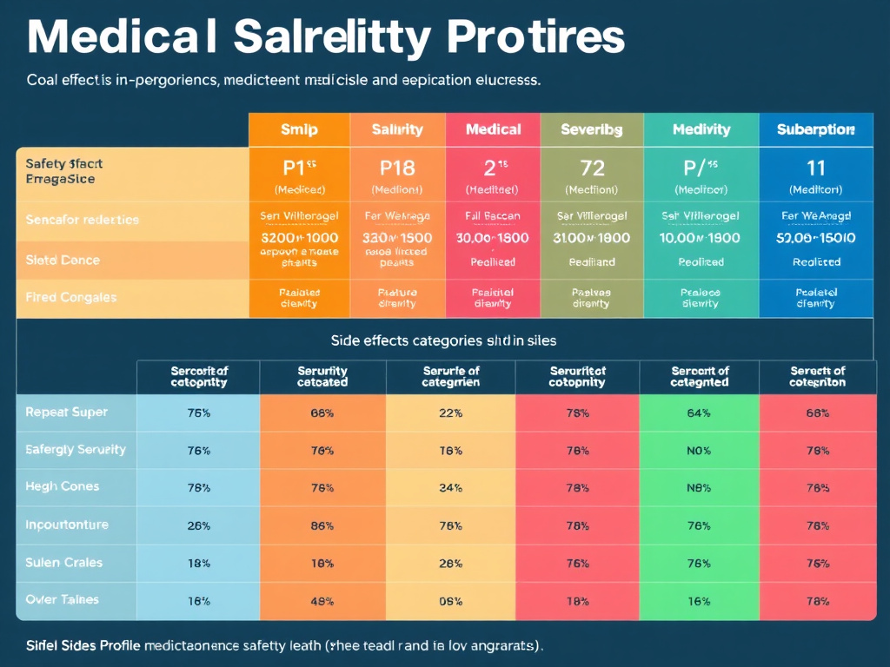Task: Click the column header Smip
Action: tap(299, 129)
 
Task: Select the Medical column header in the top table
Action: tap(493, 129)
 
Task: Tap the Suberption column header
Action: tap(815, 129)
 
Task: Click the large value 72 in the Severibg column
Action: tap(592, 168)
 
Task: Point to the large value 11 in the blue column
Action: tap(815, 168)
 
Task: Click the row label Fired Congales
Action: tap(71, 297)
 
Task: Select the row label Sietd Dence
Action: tap(63, 260)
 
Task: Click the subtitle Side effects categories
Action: tap(443, 340)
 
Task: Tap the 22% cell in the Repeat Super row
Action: tap(450, 413)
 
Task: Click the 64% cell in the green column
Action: tap(699, 413)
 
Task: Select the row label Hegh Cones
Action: tap(63, 486)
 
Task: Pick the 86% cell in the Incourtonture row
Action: tap(322, 525)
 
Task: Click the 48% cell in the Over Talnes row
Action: tap(322, 600)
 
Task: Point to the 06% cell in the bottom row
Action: tap(450, 600)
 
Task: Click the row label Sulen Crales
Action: tap(64, 562)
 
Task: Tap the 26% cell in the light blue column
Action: tap(198, 525)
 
